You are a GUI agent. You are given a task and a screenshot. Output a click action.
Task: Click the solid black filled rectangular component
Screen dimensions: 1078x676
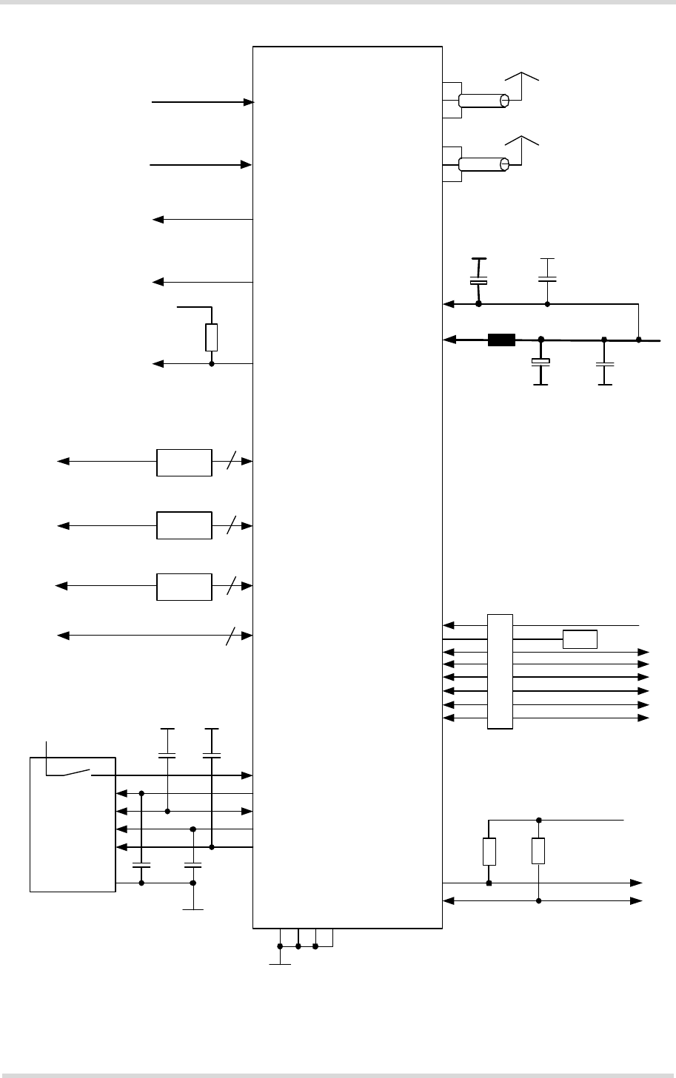(501, 340)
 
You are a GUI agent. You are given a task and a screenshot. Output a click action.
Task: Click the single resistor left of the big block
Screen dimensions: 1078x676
(212, 337)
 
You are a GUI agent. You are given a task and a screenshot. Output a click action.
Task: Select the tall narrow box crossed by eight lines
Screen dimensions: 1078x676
(500, 671)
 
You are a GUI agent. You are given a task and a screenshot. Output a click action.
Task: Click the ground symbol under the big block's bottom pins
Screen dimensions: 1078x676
(280, 963)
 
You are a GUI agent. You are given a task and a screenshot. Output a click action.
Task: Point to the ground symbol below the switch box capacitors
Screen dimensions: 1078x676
(193, 909)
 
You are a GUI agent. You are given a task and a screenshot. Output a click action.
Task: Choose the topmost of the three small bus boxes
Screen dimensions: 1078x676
(184, 462)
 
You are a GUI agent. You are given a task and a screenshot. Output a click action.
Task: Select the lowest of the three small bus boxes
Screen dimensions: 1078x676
(184, 586)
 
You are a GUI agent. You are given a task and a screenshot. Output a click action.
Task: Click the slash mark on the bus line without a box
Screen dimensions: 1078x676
(232, 636)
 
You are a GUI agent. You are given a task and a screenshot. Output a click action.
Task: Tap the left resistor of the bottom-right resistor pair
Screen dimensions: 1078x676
(489, 852)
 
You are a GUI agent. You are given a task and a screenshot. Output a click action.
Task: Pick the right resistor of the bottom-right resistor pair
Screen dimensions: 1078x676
(538, 852)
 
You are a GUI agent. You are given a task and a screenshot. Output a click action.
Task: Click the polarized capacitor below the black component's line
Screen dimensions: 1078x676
(541, 362)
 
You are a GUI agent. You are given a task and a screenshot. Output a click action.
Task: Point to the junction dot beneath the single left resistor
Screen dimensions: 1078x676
(212, 364)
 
